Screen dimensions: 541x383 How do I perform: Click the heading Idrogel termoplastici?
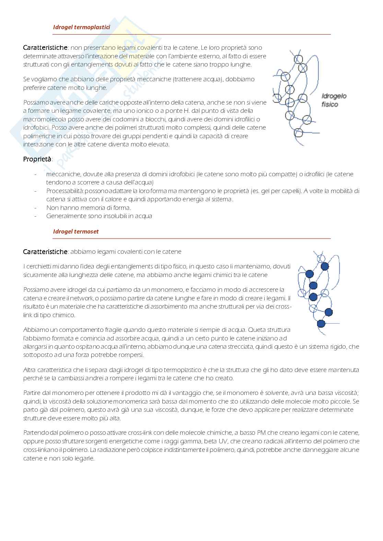[x=81, y=27]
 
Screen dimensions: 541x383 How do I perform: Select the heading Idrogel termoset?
[x=76, y=231]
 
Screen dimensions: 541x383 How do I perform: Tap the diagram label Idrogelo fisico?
[x=334, y=100]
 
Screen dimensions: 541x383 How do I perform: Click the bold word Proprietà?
[x=37, y=159]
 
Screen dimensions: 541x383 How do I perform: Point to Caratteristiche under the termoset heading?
[x=45, y=252]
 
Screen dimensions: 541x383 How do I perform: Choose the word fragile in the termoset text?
[x=103, y=330]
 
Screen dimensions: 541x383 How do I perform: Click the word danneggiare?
[x=316, y=449]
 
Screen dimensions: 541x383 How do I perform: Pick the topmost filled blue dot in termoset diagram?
[x=324, y=266]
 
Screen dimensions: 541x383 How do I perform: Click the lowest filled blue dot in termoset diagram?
[x=321, y=323]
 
